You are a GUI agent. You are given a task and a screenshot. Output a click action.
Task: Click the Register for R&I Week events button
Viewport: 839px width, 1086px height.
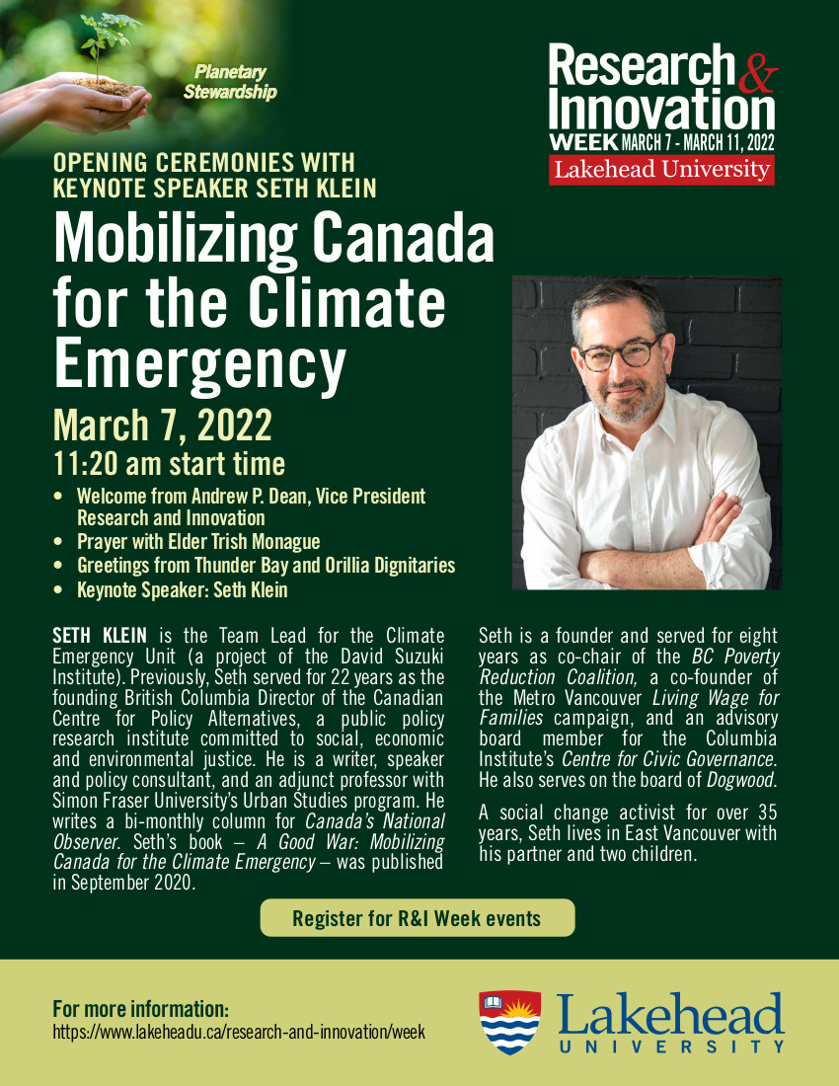pyautogui.click(x=417, y=918)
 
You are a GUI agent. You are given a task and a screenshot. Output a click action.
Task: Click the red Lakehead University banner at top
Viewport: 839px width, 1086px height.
pyautogui.click(x=661, y=169)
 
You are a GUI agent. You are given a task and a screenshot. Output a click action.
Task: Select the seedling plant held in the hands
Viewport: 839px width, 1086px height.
pyautogui.click(x=104, y=44)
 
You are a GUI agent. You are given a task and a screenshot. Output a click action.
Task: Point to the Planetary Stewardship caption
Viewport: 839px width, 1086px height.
pyautogui.click(x=230, y=83)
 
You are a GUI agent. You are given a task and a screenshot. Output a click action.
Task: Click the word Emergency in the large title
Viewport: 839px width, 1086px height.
pyautogui.click(x=199, y=360)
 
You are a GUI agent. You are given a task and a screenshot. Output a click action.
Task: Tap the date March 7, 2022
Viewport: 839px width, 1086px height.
pyautogui.click(x=162, y=426)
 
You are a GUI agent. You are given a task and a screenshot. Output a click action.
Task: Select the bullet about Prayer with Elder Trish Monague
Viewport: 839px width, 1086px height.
pyautogui.click(x=198, y=541)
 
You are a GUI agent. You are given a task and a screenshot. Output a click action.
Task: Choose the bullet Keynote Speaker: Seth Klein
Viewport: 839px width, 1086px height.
pyautogui.click(x=183, y=590)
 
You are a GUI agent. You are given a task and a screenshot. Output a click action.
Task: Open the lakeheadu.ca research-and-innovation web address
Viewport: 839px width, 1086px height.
pyautogui.click(x=238, y=1032)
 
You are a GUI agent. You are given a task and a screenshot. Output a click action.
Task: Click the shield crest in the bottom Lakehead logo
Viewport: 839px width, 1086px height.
pyautogui.click(x=509, y=1023)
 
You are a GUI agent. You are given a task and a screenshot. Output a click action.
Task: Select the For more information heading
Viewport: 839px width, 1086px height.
pyautogui.click(x=140, y=1009)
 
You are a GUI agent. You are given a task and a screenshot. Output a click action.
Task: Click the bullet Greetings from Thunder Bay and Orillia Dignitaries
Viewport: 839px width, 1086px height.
pyautogui.click(x=266, y=566)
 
